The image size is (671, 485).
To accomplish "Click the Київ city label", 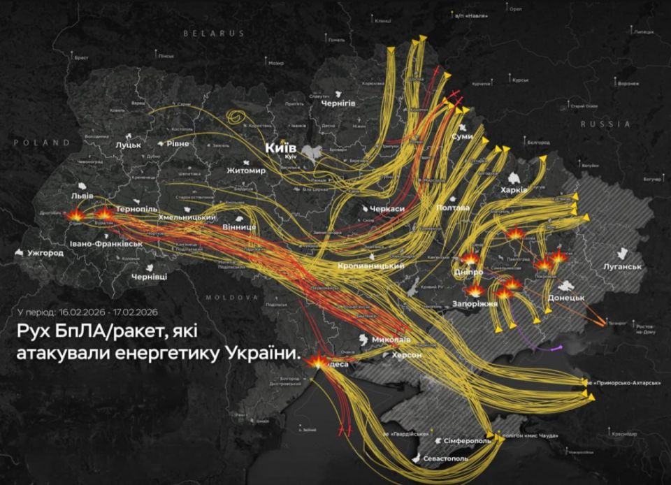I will pyautogui.click(x=280, y=148).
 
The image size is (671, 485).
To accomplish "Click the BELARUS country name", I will pyautogui.click(x=214, y=33).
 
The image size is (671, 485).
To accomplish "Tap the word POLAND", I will pyautogui.click(x=42, y=143).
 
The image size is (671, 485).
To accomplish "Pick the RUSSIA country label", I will pyautogui.click(x=605, y=124).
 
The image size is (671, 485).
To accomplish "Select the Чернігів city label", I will pyautogui.click(x=338, y=103).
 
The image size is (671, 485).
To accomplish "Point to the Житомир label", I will pyautogui.click(x=246, y=171).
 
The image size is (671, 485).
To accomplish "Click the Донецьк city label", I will pyautogui.click(x=566, y=298).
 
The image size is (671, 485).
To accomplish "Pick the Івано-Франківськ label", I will pyautogui.click(x=106, y=243).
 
